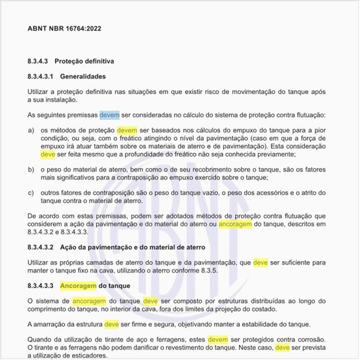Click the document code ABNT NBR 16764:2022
(64, 29)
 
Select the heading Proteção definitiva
(84, 61)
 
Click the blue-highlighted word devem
(109, 115)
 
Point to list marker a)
(31, 131)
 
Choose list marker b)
(31, 169)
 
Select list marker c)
(31, 192)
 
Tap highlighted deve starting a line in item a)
(48, 154)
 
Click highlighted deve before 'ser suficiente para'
(261, 262)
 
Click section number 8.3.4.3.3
(40, 286)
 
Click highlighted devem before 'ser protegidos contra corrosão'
(217, 340)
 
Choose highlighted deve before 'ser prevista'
(282, 348)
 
